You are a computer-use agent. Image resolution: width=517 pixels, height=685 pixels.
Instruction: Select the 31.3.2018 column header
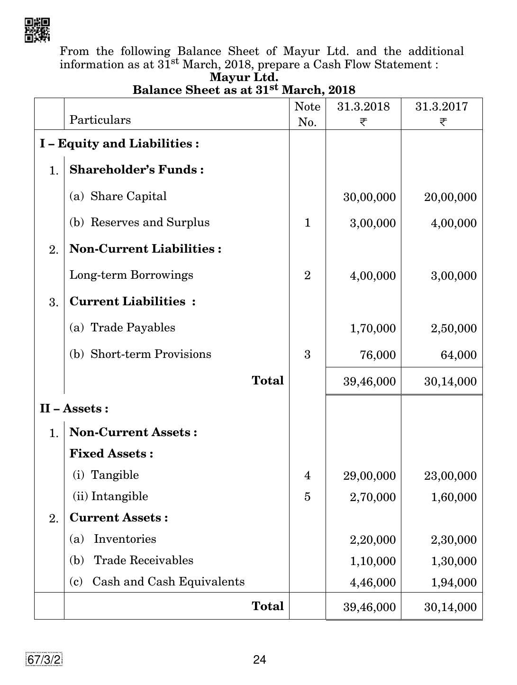[363, 107]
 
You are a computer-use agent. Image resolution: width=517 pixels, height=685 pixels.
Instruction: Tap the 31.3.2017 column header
[441, 107]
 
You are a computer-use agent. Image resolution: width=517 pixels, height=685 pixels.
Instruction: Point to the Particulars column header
[100, 120]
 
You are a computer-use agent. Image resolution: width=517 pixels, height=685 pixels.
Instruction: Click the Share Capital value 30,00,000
[369, 197]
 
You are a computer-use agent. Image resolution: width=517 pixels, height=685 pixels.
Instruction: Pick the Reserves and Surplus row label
[139, 223]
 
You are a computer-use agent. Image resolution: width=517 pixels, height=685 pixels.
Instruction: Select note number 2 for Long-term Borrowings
[307, 275]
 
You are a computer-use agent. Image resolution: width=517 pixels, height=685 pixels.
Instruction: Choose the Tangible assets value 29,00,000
[369, 476]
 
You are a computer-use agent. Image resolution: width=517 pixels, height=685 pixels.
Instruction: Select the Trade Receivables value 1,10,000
[372, 561]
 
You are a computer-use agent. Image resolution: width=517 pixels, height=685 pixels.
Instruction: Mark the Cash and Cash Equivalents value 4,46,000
[372, 583]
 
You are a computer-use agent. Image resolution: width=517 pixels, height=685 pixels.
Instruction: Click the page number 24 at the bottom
[259, 659]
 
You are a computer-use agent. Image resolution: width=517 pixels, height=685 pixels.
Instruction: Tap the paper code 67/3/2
[45, 659]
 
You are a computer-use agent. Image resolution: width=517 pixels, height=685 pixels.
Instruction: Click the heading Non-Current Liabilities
[145, 249]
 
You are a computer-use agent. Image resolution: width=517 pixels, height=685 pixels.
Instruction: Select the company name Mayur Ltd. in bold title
[244, 77]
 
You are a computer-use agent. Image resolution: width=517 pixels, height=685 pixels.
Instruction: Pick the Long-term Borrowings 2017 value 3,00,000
[454, 276]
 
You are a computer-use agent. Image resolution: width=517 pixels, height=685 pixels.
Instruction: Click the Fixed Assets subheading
[111, 454]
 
